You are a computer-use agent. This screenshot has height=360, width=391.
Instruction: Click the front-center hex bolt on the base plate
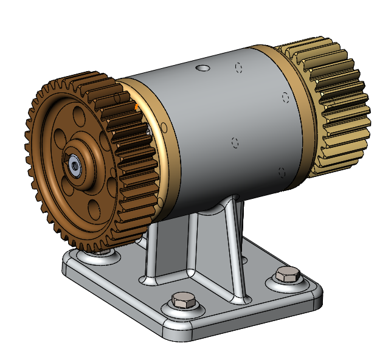tap(182, 299)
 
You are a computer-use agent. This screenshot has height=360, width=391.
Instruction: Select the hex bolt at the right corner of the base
tap(288, 274)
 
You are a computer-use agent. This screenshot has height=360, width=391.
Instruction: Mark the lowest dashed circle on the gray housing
tap(281, 172)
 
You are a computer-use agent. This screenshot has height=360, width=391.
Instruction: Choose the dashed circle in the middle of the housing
tap(235, 142)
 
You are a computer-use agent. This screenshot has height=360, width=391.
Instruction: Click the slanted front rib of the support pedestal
tap(234, 255)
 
